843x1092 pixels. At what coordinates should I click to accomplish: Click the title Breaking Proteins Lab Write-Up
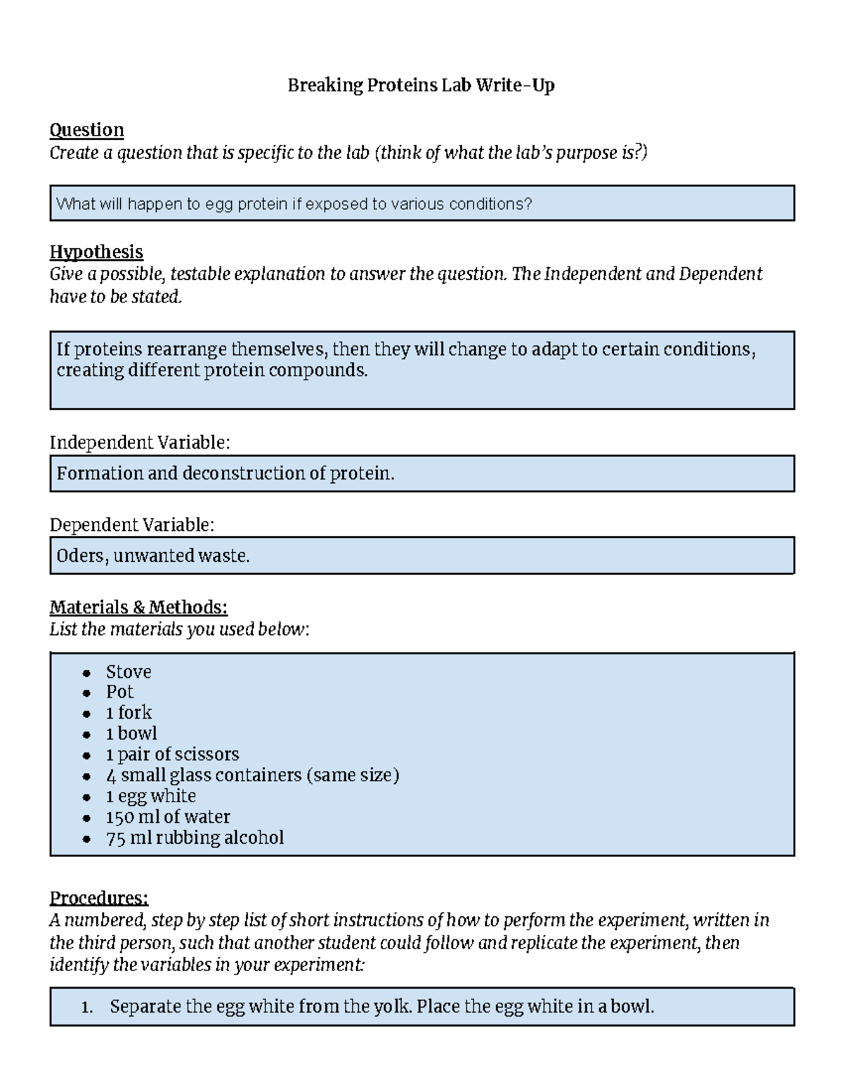pos(421,86)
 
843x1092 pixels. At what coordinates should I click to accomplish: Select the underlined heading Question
pos(86,130)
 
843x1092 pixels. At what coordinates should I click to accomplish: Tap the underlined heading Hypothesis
pos(96,252)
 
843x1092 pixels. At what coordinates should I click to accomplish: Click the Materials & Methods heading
pos(138,607)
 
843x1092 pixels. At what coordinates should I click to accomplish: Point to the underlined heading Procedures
pos(98,898)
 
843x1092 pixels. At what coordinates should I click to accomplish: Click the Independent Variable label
pos(139,442)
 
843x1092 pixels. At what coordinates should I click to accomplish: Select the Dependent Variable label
pos(131,525)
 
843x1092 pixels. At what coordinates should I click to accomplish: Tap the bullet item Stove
pos(129,672)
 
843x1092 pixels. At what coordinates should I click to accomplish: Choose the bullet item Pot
pos(119,692)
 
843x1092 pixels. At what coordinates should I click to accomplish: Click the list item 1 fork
pos(129,712)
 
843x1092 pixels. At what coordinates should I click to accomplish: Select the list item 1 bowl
pos(131,733)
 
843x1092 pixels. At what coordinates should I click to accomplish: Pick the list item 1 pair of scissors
pos(172,754)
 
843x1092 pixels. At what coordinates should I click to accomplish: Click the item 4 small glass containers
pos(252,775)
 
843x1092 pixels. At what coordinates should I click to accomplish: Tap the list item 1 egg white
pos(150,796)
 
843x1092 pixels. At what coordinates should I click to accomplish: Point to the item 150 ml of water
pos(168,817)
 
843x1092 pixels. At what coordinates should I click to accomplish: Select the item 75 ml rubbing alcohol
pos(195,837)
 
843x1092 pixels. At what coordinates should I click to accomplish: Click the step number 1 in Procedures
pos(86,1007)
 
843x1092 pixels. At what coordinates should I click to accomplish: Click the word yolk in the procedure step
pos(393,1006)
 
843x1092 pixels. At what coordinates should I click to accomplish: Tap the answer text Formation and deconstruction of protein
pos(226,473)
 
